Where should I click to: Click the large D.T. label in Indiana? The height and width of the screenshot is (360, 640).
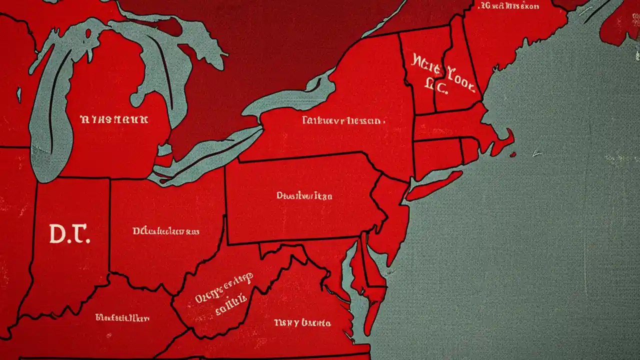click(69, 233)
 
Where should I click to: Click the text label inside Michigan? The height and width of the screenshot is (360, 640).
click(114, 120)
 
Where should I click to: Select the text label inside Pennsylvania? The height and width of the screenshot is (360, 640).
click(304, 196)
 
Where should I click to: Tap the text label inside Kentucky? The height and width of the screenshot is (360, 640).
click(122, 317)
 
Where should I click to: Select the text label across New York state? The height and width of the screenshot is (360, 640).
click(343, 120)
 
